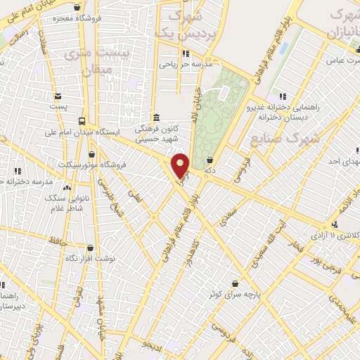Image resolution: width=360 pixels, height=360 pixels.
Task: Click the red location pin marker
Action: coord(181,166)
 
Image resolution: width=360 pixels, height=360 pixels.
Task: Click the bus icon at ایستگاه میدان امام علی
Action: coord(82,121)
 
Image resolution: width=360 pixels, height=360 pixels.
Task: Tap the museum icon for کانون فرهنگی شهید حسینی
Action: coord(157,118)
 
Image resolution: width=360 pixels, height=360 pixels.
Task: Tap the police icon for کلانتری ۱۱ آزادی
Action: coord(335,224)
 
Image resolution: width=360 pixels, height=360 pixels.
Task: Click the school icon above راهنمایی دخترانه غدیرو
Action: coord(282,96)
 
